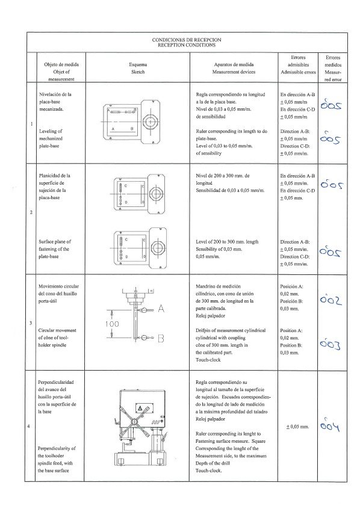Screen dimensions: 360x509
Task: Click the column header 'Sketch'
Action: pyautogui.click(x=138, y=71)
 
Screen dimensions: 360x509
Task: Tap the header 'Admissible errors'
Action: pyautogui.click(x=298, y=72)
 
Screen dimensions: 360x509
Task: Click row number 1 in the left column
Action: pyautogui.click(x=32, y=125)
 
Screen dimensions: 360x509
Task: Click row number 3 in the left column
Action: pyautogui.click(x=32, y=324)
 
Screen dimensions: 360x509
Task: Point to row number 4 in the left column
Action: pyautogui.click(x=32, y=427)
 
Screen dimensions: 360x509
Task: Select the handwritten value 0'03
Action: pyautogui.click(x=331, y=345)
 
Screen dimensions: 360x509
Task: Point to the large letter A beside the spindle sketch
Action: pyautogui.click(x=161, y=309)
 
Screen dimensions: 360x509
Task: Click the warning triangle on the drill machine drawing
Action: pyautogui.click(x=139, y=408)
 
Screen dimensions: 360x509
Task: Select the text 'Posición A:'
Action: pyautogui.click(x=292, y=286)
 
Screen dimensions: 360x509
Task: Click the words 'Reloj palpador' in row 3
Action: pyautogui.click(x=212, y=314)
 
